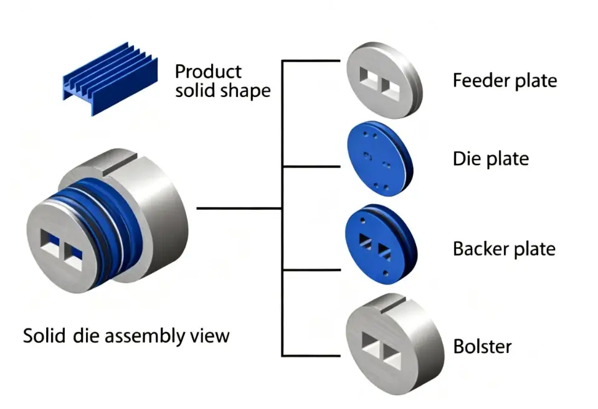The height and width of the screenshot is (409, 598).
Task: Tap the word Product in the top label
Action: (x=207, y=71)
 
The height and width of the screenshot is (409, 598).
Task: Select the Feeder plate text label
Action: (x=505, y=81)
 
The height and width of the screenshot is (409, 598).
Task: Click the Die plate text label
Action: (x=490, y=159)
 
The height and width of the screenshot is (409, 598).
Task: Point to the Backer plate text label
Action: (x=504, y=249)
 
